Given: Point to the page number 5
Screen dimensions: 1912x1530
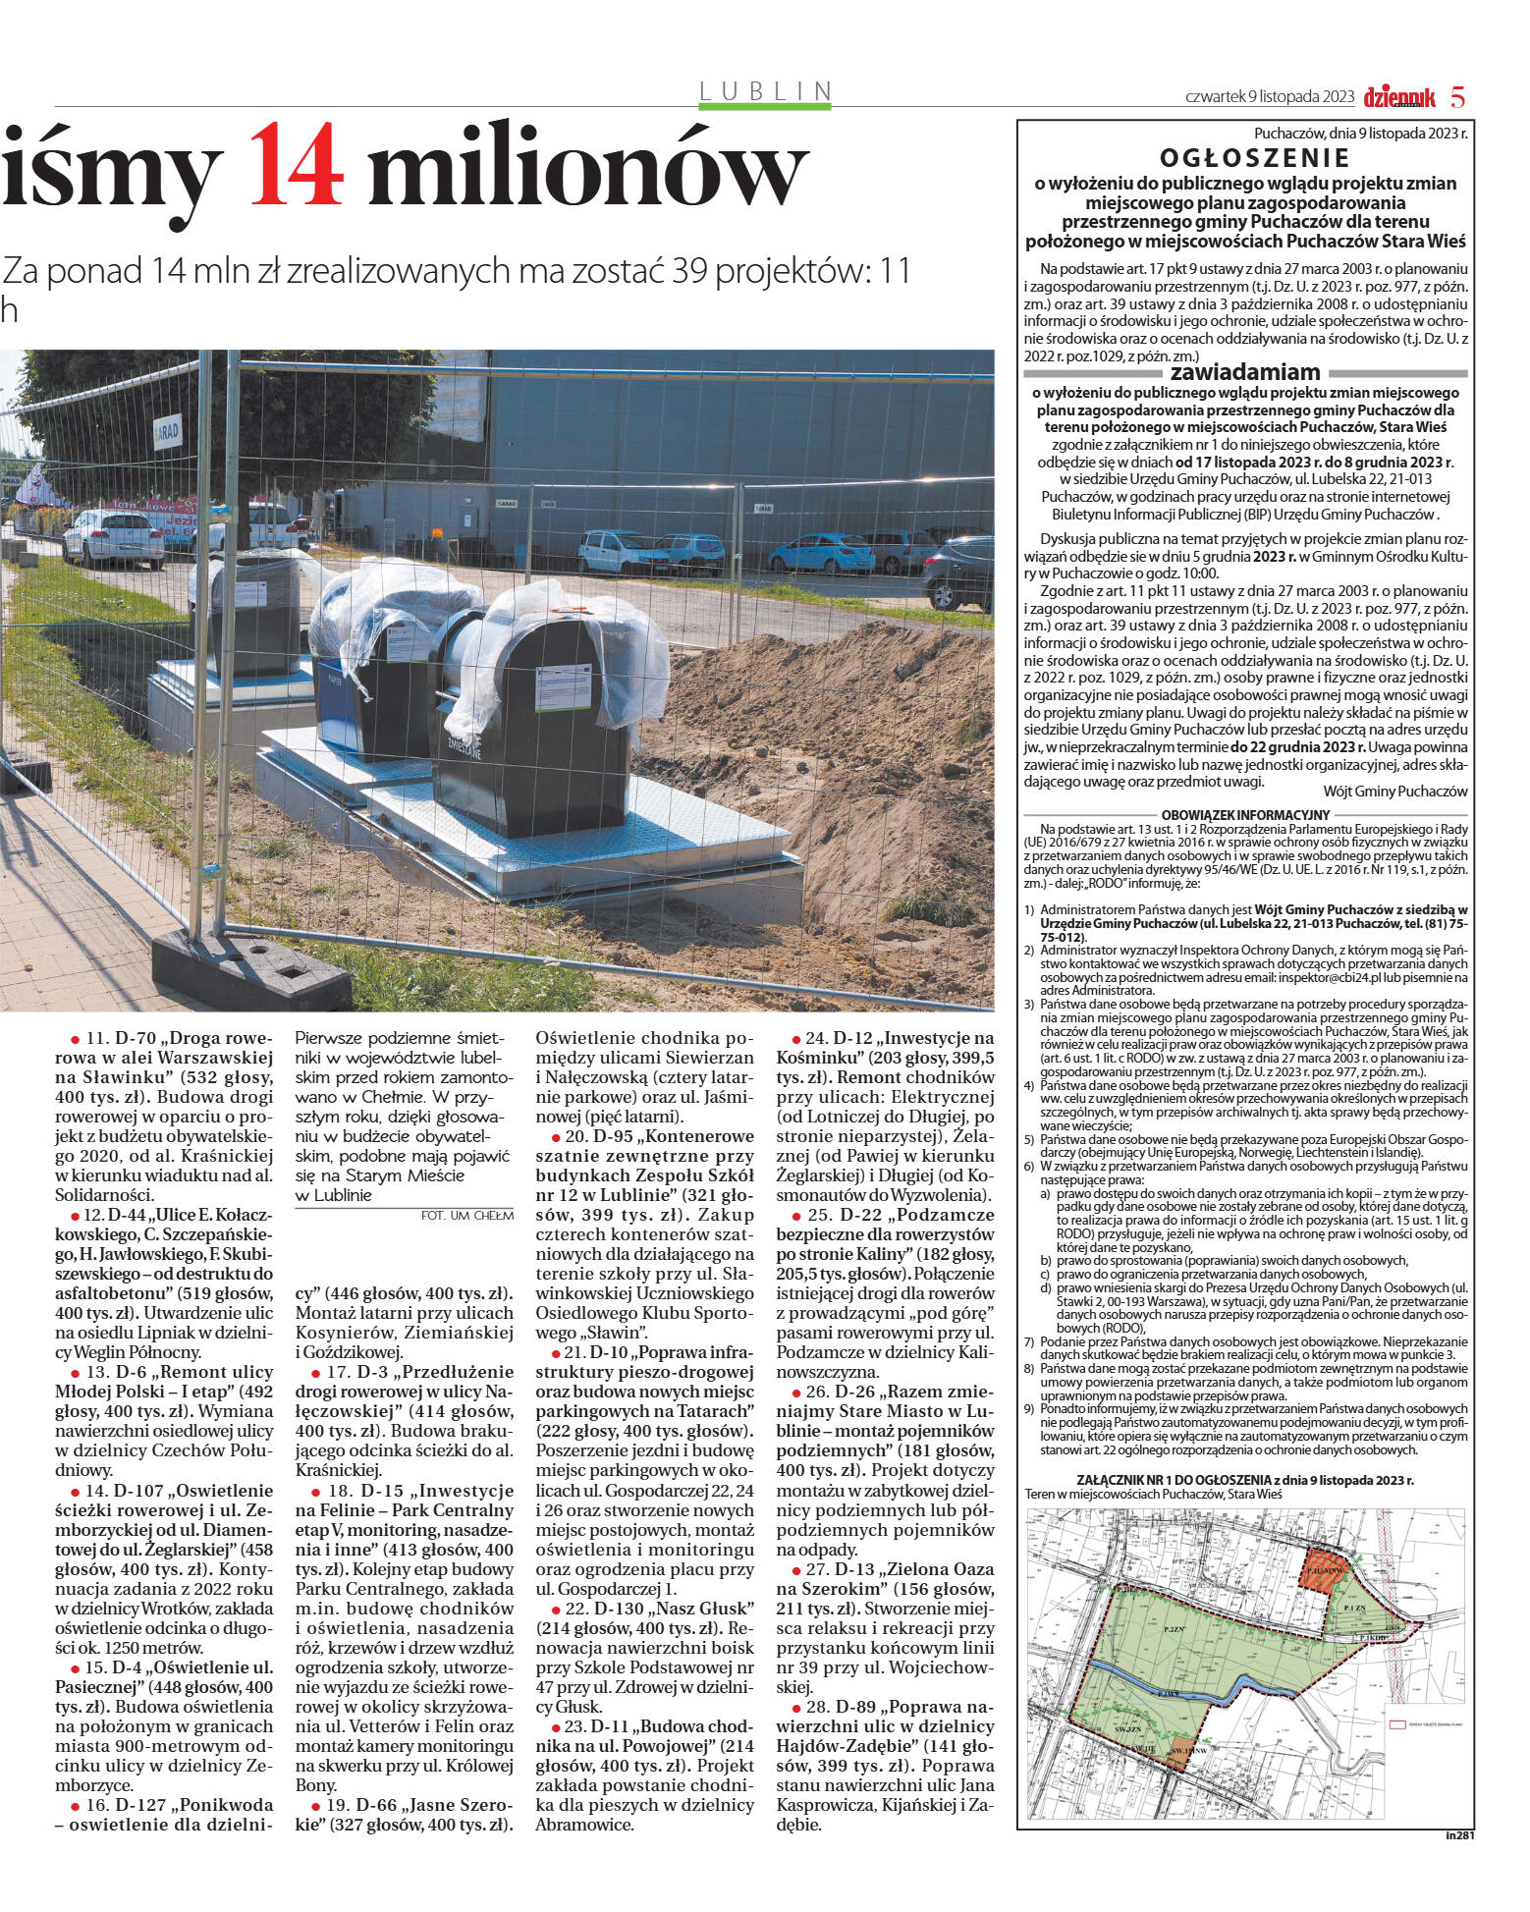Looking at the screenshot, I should (1458, 97).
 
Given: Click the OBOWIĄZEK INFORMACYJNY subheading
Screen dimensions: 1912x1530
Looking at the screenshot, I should (1244, 814).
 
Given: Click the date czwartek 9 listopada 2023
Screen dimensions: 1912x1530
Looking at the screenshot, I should (1270, 97).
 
